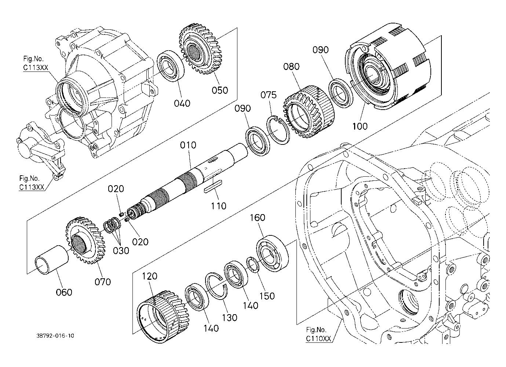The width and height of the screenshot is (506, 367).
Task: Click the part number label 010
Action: [188, 145]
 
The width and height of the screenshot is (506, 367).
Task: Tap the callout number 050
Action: [220, 90]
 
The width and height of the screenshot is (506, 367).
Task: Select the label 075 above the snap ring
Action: [268, 95]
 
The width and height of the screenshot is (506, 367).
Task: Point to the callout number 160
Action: [257, 217]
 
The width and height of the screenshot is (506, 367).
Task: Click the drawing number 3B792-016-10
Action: [55, 335]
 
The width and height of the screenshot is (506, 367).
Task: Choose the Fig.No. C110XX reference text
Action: [319, 334]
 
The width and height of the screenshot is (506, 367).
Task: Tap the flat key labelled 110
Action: [213, 186]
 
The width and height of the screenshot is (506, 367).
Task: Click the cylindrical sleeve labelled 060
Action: [52, 260]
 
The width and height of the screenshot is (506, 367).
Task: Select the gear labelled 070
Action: [85, 241]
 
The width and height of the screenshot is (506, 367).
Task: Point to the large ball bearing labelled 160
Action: [272, 253]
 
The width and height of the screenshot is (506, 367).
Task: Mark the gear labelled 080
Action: [309, 112]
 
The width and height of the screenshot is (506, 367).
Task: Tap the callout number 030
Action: [121, 250]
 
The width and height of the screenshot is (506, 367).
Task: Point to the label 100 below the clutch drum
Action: [360, 126]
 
